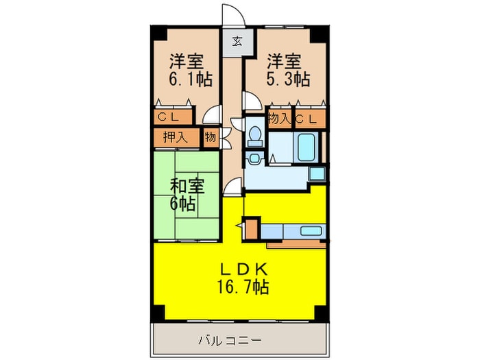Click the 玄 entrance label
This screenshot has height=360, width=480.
237,40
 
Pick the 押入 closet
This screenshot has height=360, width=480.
176,137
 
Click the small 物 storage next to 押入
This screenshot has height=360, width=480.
210,137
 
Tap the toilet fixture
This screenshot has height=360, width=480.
254,136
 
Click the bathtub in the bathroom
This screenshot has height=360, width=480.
305,145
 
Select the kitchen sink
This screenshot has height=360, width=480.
312,230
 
